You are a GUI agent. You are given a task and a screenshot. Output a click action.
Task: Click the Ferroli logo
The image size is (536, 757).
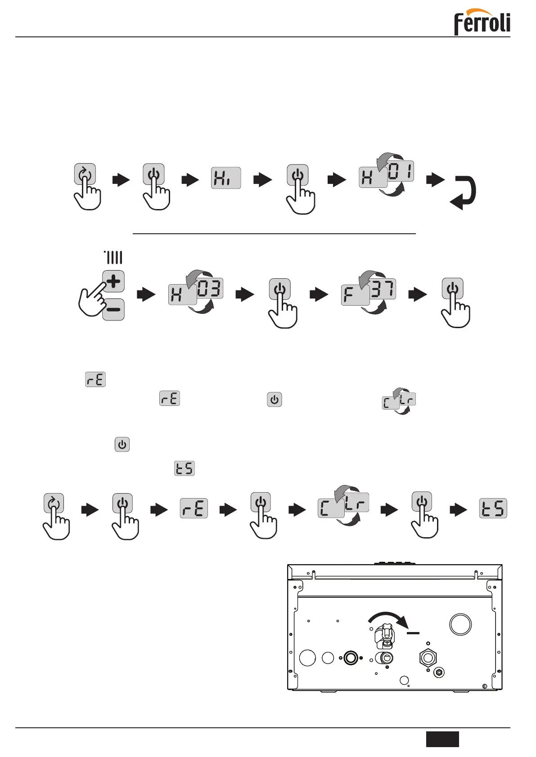pos(482,22)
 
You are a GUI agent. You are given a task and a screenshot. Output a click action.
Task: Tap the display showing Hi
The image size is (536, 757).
pos(226,178)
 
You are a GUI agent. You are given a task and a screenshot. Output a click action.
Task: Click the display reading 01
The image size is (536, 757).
pos(400,171)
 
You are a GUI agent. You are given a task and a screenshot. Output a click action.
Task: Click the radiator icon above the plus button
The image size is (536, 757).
pos(113,258)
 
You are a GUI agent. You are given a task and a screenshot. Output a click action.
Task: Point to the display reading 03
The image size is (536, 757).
pos(210,289)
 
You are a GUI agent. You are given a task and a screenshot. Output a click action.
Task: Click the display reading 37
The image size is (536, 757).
pos(383,289)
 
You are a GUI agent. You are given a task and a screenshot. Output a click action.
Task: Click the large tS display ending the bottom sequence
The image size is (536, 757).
pos(493,508)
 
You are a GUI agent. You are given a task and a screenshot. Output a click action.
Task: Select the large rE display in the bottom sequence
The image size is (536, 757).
pos(194,508)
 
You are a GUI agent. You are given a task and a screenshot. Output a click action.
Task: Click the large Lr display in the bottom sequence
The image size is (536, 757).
pos(356,503)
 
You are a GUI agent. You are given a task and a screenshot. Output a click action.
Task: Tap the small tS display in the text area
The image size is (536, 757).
pos(185,468)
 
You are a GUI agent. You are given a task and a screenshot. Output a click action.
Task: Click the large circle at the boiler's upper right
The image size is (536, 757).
pos(460,624)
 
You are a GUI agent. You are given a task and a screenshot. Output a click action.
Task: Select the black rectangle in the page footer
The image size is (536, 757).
pos(442,739)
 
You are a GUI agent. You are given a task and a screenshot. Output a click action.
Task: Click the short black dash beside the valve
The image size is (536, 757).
pos(413,633)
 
